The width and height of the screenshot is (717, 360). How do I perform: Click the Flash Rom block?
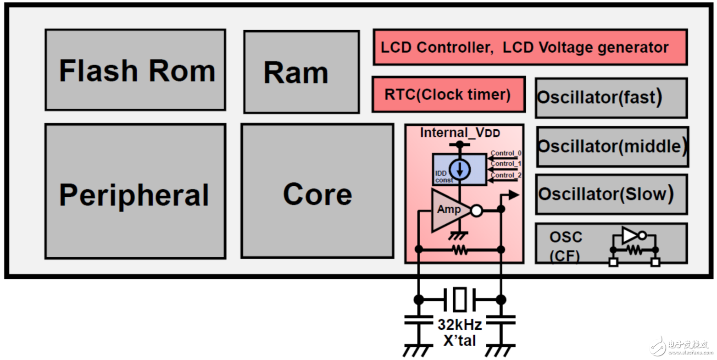[135, 70]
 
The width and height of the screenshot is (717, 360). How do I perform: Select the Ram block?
[301, 72]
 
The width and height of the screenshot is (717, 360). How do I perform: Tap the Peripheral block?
[135, 191]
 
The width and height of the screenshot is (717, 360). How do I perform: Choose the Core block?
[317, 191]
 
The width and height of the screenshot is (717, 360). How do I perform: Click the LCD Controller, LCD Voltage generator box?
[530, 47]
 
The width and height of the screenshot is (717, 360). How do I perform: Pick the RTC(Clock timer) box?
[448, 94]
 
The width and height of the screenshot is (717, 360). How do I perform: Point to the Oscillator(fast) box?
[611, 98]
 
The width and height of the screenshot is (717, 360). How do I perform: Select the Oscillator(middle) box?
[612, 146]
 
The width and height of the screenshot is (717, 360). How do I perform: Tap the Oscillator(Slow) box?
[611, 194]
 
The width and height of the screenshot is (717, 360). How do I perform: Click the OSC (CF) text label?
[566, 246]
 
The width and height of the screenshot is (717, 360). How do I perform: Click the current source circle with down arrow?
[460, 169]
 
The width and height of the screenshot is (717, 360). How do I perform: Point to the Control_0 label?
[506, 153]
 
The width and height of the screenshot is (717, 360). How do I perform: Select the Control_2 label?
[506, 175]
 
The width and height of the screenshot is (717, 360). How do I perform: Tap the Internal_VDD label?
[460, 133]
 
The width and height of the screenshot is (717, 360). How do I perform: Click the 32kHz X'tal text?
[460, 332]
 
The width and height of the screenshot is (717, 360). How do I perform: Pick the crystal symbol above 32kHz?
[460, 299]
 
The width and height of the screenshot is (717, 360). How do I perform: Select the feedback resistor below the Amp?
[460, 250]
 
